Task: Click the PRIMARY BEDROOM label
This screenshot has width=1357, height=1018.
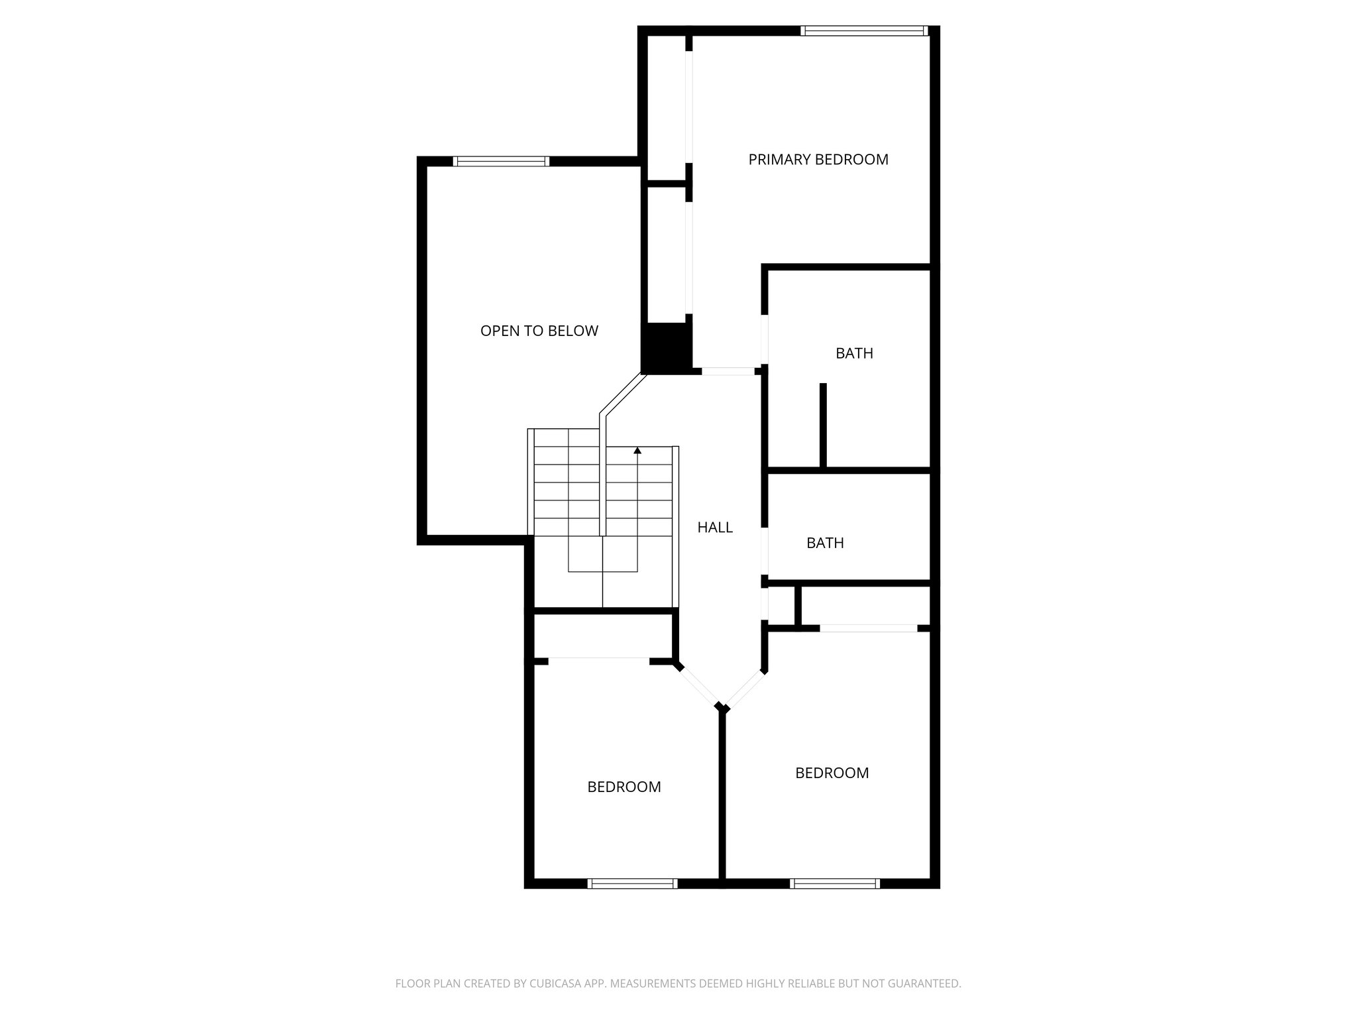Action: click(x=818, y=160)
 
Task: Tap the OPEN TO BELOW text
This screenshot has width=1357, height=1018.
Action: click(x=539, y=331)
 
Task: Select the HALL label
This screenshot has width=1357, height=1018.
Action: click(x=715, y=528)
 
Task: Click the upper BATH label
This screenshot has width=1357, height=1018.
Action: click(x=854, y=353)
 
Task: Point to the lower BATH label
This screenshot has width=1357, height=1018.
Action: click(x=825, y=543)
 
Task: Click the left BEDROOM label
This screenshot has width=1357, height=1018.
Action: click(x=624, y=787)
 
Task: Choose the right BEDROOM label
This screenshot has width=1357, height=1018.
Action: click(x=832, y=773)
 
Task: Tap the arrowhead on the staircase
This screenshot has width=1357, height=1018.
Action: click(x=637, y=451)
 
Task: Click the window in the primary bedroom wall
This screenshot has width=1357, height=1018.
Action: click(x=864, y=30)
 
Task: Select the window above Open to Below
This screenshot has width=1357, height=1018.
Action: click(x=501, y=161)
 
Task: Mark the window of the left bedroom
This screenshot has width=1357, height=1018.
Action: click(x=632, y=883)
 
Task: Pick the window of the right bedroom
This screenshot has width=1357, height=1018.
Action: click(x=835, y=883)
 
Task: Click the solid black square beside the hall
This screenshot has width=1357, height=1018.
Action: click(x=667, y=348)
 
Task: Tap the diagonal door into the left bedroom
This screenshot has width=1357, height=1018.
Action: click(x=698, y=686)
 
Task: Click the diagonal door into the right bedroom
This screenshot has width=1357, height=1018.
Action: click(x=745, y=689)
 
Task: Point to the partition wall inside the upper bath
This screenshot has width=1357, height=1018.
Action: click(x=823, y=425)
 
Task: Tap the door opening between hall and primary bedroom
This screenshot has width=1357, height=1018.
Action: click(x=728, y=372)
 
